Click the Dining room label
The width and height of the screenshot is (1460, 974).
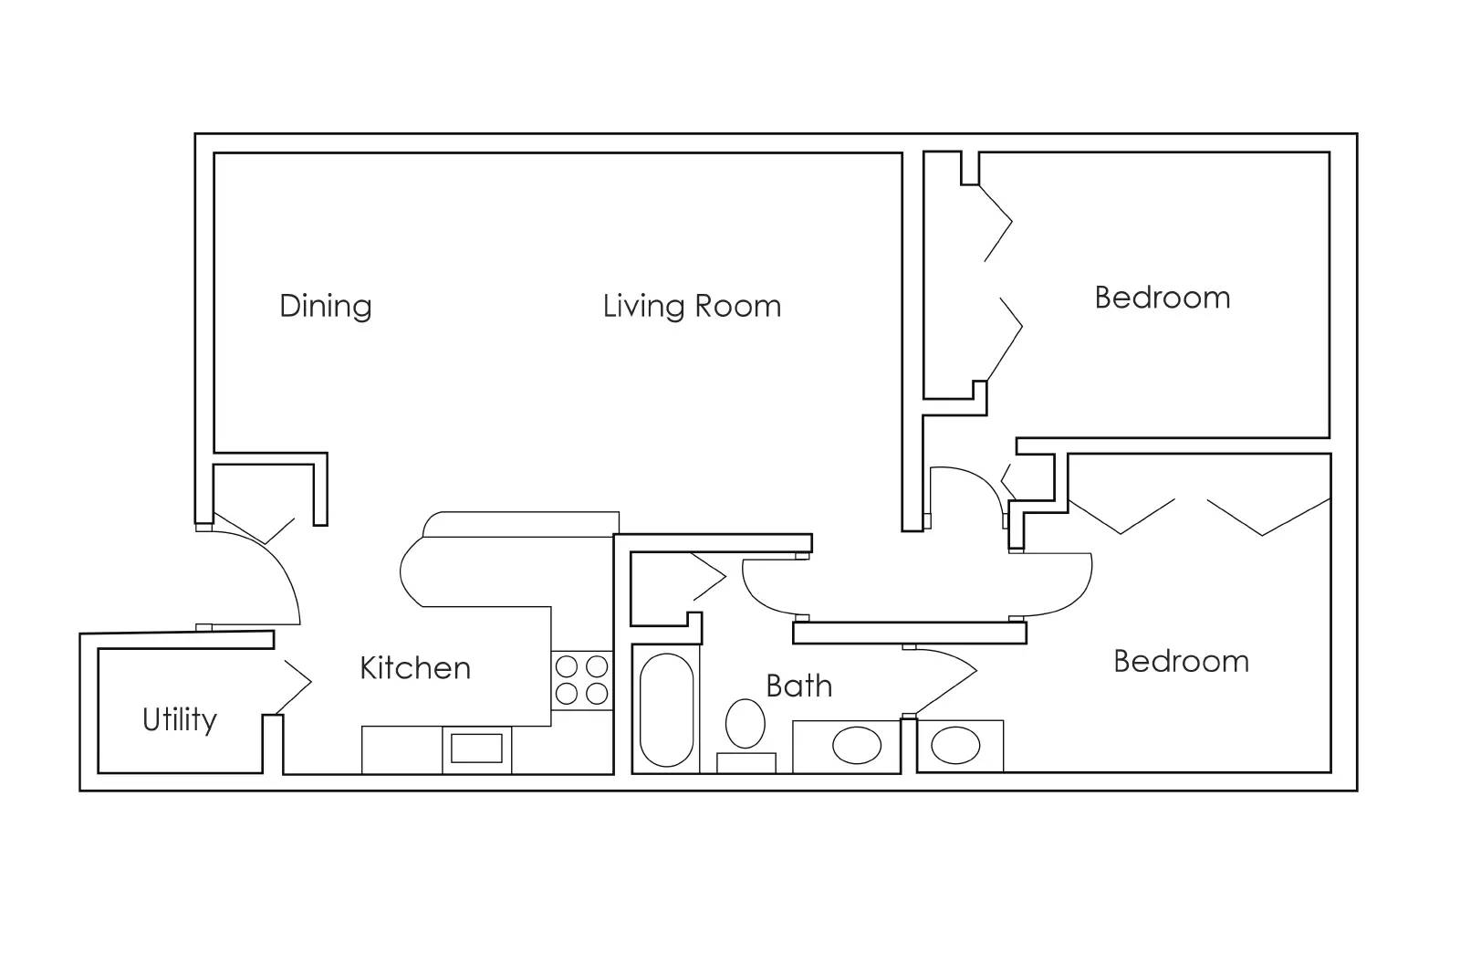(325, 306)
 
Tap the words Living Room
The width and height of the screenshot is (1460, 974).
(692, 306)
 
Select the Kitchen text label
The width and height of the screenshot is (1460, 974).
(415, 668)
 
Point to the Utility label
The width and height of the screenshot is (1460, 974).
(180, 720)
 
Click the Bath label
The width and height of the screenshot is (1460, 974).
(798, 686)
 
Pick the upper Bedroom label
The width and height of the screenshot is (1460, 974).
(1162, 298)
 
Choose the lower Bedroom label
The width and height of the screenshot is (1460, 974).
(1181, 661)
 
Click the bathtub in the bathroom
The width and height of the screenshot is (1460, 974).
(666, 710)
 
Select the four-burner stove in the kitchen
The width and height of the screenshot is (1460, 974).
(581, 680)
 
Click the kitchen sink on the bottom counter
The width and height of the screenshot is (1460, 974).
(476, 748)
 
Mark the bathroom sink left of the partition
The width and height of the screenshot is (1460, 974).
(856, 746)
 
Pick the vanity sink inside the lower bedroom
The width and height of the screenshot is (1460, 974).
(954, 746)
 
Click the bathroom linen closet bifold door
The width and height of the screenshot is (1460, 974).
(709, 577)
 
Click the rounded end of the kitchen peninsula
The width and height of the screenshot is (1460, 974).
(415, 571)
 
